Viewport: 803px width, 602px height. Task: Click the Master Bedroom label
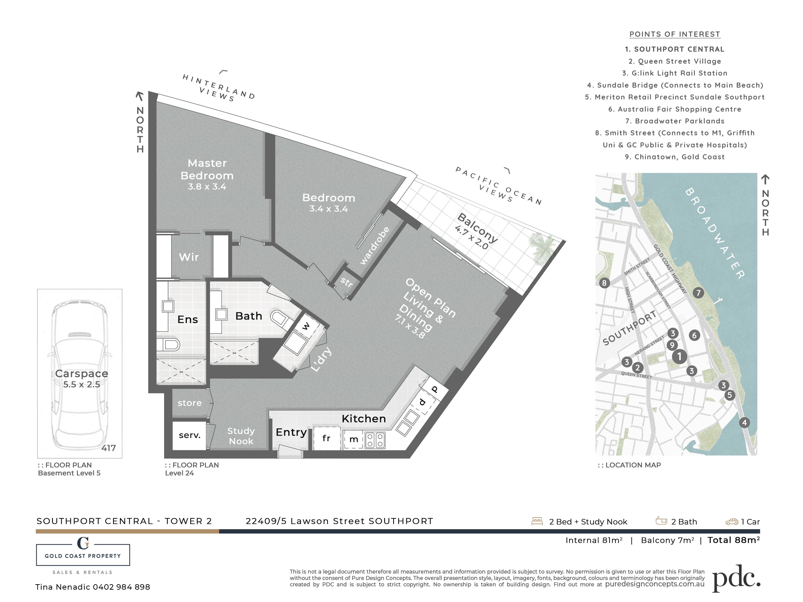pyautogui.click(x=207, y=170)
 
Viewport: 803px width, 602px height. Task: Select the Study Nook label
pyautogui.click(x=241, y=436)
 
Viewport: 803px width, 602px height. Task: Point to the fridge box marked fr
pyautogui.click(x=327, y=438)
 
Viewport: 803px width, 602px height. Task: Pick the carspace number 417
pyautogui.click(x=109, y=448)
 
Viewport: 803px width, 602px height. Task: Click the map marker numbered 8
pyautogui.click(x=604, y=283)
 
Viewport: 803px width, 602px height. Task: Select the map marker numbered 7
pyautogui.click(x=698, y=293)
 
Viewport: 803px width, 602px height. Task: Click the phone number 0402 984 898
pyautogui.click(x=121, y=587)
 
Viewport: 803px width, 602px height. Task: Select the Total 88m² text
pyautogui.click(x=734, y=540)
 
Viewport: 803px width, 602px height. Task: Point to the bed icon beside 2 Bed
pyautogui.click(x=537, y=521)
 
